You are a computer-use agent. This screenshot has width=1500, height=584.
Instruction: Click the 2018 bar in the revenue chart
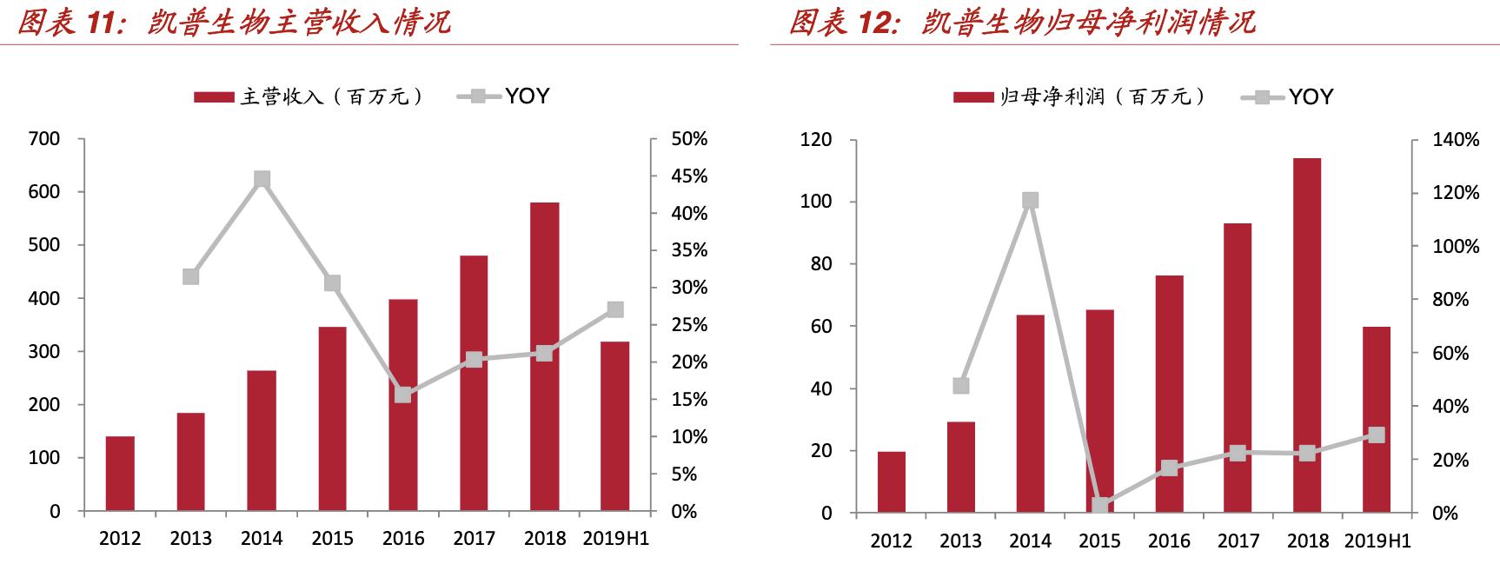[x=544, y=356]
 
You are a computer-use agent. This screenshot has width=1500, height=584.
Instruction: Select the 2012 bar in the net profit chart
[x=891, y=481]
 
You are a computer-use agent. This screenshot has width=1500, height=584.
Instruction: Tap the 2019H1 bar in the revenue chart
[x=615, y=426]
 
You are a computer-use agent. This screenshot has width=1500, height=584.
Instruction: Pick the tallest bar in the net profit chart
[x=1306, y=335]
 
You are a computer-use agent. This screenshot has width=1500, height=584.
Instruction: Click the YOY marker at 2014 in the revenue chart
[x=262, y=180]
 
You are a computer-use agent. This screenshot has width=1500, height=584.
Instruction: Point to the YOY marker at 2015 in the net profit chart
[x=1099, y=506]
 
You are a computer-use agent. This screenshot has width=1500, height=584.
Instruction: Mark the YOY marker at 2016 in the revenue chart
[x=403, y=395]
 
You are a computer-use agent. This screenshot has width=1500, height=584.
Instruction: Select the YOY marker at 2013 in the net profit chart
[x=960, y=386]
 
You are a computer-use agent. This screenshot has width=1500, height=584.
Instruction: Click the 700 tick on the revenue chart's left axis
[x=44, y=139]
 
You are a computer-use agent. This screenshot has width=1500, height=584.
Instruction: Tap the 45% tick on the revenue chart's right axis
[x=690, y=176]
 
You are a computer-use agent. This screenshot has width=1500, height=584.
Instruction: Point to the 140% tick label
[x=1456, y=140]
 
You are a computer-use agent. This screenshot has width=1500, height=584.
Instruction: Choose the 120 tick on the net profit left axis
[x=815, y=140]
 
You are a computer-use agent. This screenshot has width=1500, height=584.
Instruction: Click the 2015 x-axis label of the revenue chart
[x=332, y=539]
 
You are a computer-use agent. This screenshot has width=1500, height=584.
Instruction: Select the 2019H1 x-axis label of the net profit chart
[x=1377, y=541]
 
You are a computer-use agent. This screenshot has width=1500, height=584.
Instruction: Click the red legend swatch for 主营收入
[x=214, y=97]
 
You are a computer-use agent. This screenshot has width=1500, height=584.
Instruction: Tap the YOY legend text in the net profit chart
[x=1311, y=96]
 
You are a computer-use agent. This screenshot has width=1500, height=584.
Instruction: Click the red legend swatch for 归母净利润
[x=973, y=97]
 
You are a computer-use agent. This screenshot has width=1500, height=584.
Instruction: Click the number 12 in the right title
[x=876, y=23]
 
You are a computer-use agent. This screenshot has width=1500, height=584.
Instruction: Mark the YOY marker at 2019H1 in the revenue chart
[x=615, y=309]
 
